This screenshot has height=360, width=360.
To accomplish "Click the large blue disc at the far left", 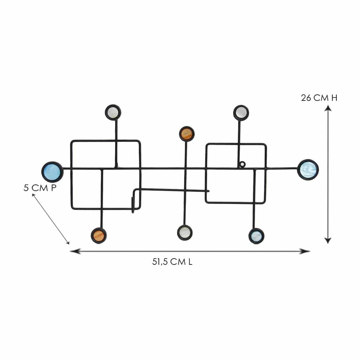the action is pos(52,172).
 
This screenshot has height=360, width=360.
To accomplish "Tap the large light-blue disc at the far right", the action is pos(308,170).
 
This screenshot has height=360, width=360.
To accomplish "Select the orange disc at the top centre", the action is pos(187,134).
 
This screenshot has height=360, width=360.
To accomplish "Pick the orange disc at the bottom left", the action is pos(99,235).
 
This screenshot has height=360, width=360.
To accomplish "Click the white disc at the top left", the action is pos(113,112).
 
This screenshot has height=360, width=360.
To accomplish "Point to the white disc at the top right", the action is pos(241,113).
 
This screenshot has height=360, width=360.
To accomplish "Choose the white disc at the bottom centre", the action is pos(185,232).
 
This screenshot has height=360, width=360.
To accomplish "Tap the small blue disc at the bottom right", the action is pos(256,236).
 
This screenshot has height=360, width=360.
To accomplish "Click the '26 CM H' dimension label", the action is pos(319,98).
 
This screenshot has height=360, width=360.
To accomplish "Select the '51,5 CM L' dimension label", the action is pos(172,262).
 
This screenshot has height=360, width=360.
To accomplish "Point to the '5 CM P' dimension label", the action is pos(40,188).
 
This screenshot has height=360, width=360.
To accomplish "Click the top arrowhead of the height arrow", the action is pos(328,108).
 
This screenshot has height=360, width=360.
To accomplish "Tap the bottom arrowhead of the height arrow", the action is pos(328,240).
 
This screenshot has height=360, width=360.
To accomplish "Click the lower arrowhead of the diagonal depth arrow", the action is pos(68,242).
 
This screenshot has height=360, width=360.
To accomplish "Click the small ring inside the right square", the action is pos(242,164).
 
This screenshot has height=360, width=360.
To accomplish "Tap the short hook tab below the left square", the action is pos(133,205).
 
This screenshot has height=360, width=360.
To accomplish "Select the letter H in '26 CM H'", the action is pos(334,98).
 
